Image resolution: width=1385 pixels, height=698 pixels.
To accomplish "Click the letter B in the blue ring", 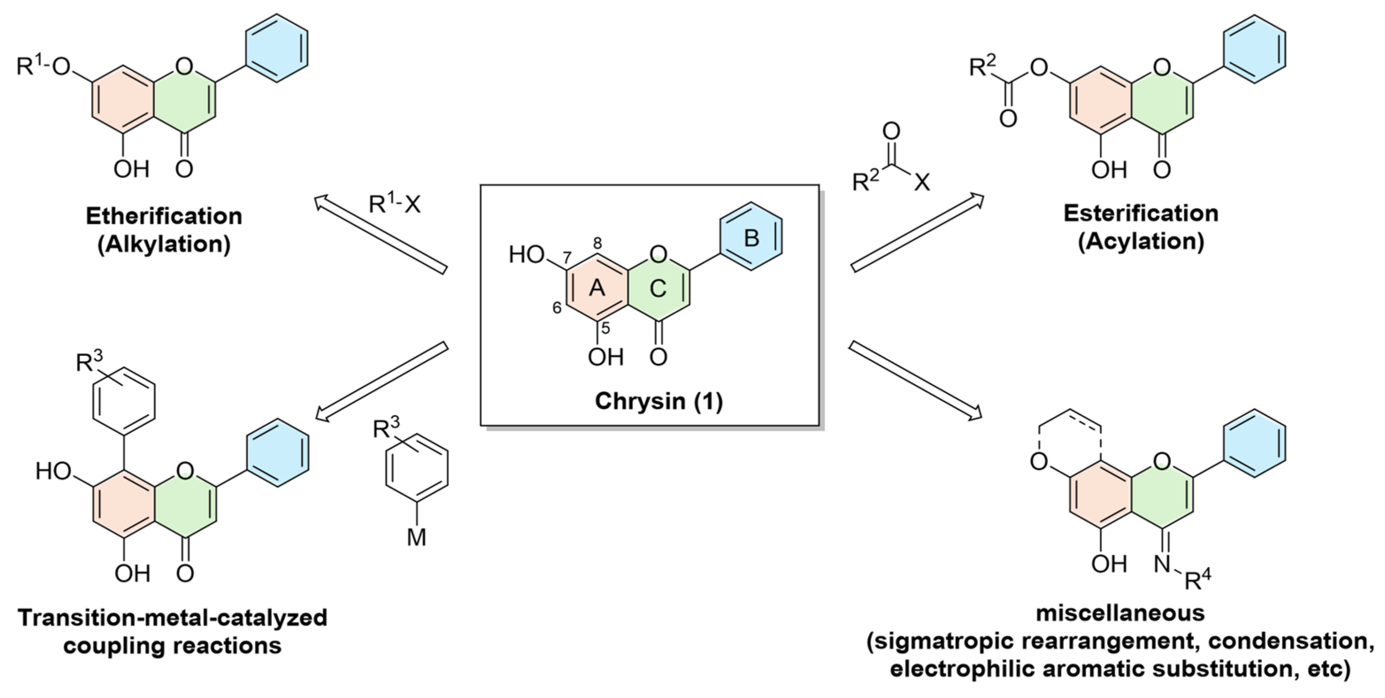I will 752,237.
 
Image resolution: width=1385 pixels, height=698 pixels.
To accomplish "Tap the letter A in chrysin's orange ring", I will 597,289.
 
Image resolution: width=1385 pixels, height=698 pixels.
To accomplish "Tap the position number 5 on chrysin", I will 606,328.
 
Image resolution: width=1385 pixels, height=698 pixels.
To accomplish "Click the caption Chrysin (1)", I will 659,401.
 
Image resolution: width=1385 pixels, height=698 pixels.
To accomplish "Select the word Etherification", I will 164,216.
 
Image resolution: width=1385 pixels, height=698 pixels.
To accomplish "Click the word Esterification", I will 1141,214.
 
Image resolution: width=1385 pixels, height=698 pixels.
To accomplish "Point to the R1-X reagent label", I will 394,204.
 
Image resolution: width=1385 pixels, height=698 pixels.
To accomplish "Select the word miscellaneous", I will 1120,613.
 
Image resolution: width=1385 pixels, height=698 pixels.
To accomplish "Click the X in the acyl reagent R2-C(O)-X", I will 922,183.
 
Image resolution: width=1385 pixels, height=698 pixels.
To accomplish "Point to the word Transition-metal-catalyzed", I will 173,618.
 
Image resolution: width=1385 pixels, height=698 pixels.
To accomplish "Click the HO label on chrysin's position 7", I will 527,255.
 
